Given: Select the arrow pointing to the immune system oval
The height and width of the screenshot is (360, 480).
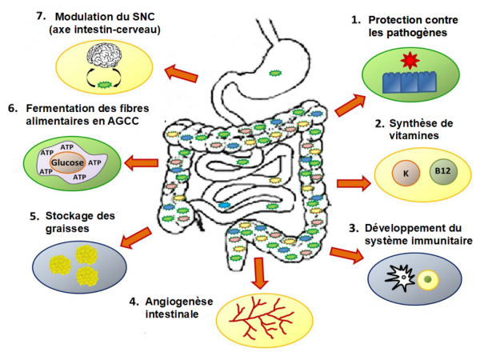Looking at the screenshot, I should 346,254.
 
